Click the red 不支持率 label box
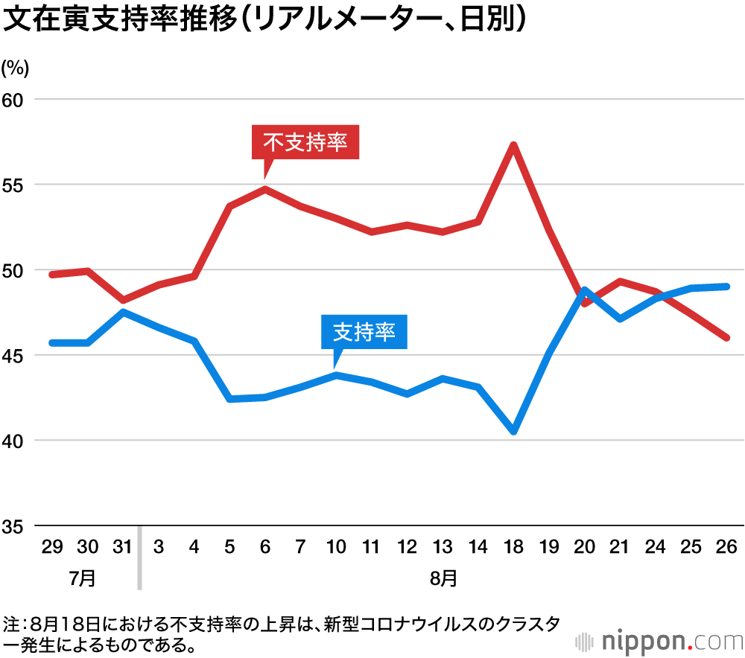click(x=305, y=142)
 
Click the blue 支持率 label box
click(x=364, y=332)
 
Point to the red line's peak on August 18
click(x=513, y=145)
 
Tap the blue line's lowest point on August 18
click(x=513, y=431)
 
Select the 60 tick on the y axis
click(x=15, y=99)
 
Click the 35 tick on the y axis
click(x=15, y=526)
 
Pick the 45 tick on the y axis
click(x=15, y=356)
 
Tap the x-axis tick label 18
click(x=513, y=548)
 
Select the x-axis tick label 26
click(x=726, y=548)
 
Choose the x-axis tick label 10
click(x=336, y=548)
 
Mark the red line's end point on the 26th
click(x=726, y=337)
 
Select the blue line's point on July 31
click(x=123, y=312)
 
